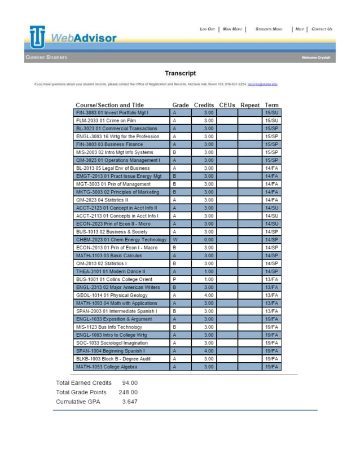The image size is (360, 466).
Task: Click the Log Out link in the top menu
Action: [207, 29]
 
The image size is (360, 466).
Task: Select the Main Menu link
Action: [232, 29]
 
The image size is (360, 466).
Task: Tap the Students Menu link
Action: [269, 29]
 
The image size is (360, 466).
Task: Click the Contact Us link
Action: [322, 29]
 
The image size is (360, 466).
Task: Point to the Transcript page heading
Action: [180, 73]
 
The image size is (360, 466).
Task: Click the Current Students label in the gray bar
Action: [46, 58]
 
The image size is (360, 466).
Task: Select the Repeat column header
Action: [249, 105]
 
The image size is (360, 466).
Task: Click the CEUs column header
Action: [226, 105]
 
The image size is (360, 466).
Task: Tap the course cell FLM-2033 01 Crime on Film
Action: [122, 121]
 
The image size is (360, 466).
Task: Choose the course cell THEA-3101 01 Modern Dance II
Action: [122, 271]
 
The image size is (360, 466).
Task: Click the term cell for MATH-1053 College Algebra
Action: [271, 367]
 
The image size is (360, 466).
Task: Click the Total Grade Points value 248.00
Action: [128, 392]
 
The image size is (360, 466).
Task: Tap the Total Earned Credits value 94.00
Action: [130, 383]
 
